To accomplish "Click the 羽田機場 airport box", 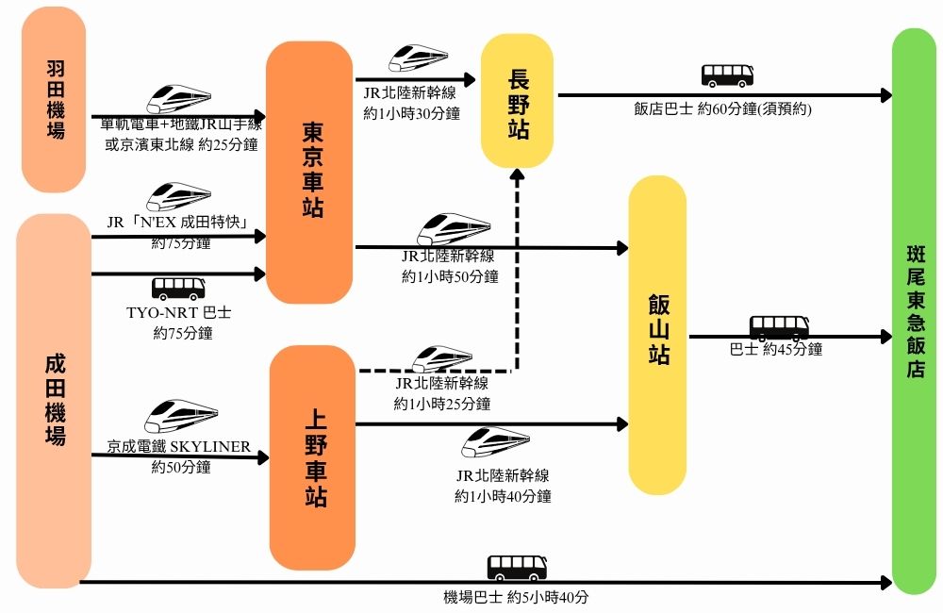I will click(54, 100).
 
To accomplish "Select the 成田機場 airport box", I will click(54, 401).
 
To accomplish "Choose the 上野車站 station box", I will click(311, 456).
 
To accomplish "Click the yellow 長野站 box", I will click(517, 102).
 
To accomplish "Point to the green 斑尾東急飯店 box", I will click(914, 311).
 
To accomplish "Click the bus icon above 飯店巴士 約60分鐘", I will click(728, 75).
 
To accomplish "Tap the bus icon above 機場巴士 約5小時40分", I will click(517, 568).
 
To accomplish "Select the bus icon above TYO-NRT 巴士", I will click(179, 288).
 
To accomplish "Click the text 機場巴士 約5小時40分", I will click(518, 597).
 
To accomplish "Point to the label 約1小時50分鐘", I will click(450, 275).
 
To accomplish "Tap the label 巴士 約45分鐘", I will click(776, 349).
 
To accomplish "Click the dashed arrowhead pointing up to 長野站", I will click(517, 177).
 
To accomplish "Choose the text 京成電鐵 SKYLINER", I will click(179, 446).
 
